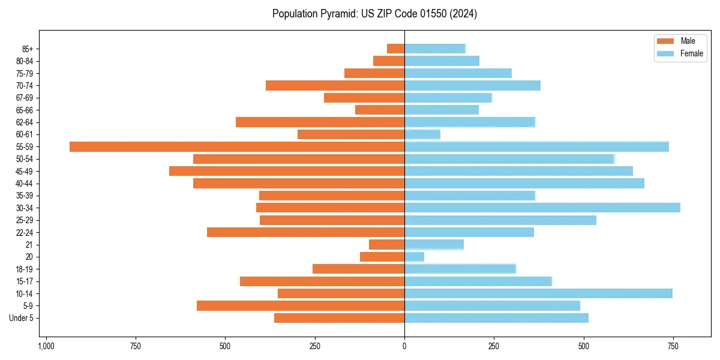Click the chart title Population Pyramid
click(x=374, y=14)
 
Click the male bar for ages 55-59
click(x=237, y=147)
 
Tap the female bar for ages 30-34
click(x=542, y=208)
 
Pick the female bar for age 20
click(x=414, y=257)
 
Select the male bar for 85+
click(x=395, y=49)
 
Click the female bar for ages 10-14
click(x=538, y=293)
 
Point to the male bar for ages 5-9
click(x=301, y=305)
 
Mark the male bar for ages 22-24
click(x=305, y=232)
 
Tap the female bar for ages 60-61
click(x=422, y=134)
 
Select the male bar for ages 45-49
click(x=287, y=171)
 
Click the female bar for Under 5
click(x=496, y=318)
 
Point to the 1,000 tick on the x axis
click(x=46, y=346)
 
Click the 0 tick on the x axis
click(x=404, y=346)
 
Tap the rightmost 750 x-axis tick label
click(x=673, y=346)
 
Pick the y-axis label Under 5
click(x=21, y=318)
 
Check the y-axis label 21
click(x=29, y=245)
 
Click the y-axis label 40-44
click(x=24, y=184)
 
